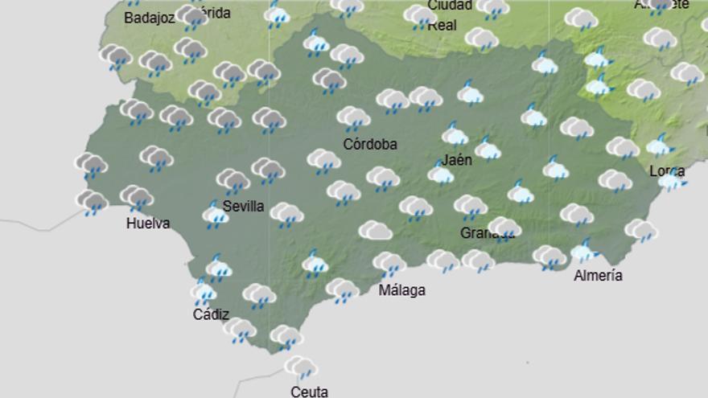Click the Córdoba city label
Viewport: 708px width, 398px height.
coord(370,145)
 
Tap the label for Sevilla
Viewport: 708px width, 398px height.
coord(243,207)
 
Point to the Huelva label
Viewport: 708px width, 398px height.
coord(148,224)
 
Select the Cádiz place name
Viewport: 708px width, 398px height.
coord(211,314)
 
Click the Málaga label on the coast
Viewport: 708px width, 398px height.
coord(401,290)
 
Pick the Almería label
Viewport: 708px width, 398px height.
coord(598,276)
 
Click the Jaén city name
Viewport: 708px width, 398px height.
coord(456,159)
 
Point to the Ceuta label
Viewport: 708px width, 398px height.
coord(310,392)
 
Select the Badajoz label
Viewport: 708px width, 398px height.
coord(150,18)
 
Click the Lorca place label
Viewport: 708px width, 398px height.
coord(667,170)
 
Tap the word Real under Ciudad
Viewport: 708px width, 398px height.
coord(442,25)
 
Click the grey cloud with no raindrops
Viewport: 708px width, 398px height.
coord(375,231)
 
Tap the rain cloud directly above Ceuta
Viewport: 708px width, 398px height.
coord(301,367)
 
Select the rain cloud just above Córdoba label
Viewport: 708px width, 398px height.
coord(353,118)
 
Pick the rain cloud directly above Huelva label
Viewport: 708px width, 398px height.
coord(137,197)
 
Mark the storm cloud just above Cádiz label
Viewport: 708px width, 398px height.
coord(203,291)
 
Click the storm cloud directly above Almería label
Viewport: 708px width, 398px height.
coord(585,252)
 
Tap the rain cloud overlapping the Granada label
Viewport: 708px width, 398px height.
coord(504,228)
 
